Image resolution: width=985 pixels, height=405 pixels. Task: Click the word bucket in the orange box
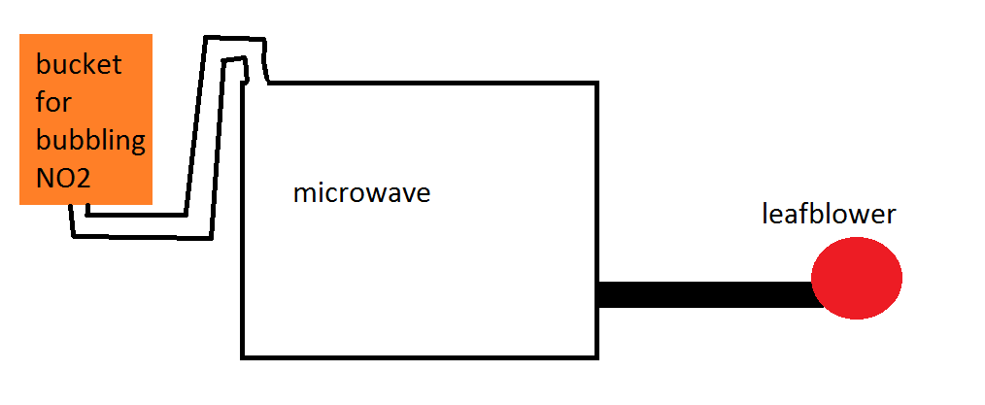[79, 66]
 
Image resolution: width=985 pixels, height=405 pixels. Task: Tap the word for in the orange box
[53, 102]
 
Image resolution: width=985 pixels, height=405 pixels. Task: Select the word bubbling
[90, 142]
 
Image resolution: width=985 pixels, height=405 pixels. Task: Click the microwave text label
[361, 192]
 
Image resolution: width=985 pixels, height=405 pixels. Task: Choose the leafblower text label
[828, 214]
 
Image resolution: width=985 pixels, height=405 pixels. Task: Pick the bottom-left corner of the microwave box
[243, 356]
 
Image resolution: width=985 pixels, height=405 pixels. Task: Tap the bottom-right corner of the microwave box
[594, 356]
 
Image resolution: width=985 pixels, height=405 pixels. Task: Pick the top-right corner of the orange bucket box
[152, 35]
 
